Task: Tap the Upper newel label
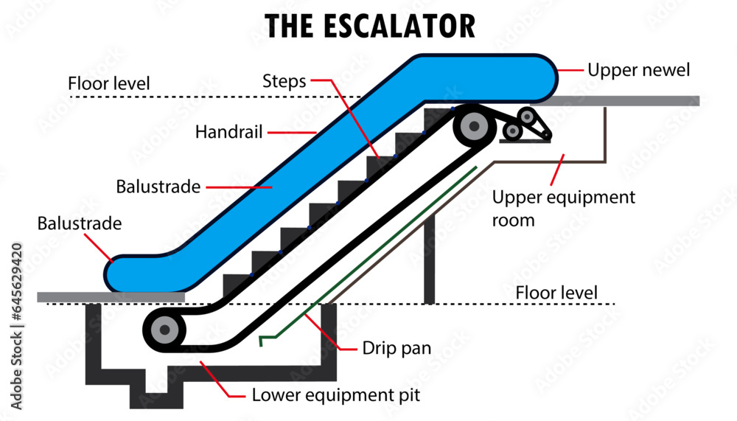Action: click(638, 70)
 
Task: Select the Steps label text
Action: click(284, 81)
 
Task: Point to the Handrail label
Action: click(227, 133)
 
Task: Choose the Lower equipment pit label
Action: click(335, 395)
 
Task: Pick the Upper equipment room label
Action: click(563, 208)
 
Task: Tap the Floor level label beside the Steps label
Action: click(108, 83)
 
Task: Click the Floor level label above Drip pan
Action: click(556, 293)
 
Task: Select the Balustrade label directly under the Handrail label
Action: click(158, 187)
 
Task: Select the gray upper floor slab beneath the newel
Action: click(626, 101)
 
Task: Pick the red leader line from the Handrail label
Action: click(290, 133)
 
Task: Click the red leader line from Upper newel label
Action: click(567, 70)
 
